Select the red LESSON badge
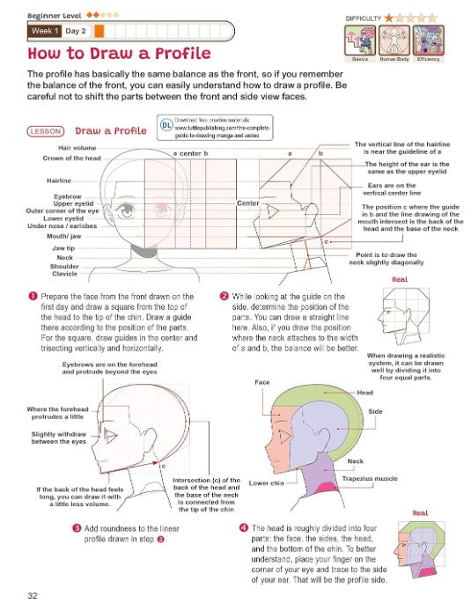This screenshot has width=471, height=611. [x=44, y=131]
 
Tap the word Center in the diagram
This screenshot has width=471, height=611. [x=247, y=203]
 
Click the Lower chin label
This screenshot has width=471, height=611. [x=266, y=482]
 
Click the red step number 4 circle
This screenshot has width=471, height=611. [x=243, y=526]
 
